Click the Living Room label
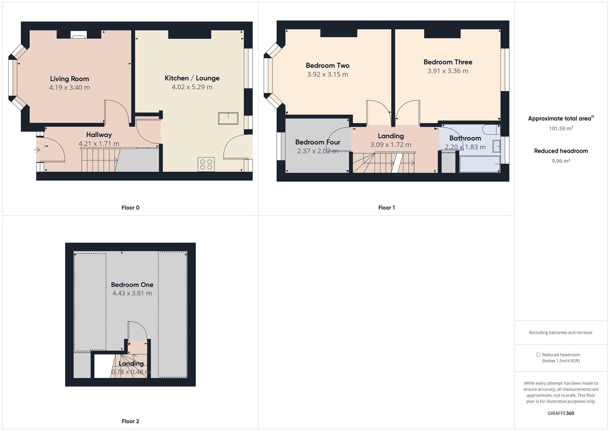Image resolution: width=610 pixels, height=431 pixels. pyautogui.click(x=70, y=79)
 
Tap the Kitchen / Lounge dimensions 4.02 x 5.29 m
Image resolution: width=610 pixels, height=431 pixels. pyautogui.click(x=192, y=87)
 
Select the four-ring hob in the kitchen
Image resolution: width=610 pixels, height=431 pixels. pyautogui.click(x=206, y=164)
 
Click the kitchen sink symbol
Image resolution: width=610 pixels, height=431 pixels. pyautogui.click(x=228, y=119)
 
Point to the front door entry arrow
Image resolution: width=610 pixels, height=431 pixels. pyautogui.click(x=37, y=150)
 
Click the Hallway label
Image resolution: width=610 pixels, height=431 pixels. pyautogui.click(x=99, y=135)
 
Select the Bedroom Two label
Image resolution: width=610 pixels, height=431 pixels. pyautogui.click(x=328, y=65)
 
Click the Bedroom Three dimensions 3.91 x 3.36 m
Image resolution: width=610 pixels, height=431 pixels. pyautogui.click(x=448, y=71)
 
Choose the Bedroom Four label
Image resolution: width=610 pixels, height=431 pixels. pyautogui.click(x=318, y=142)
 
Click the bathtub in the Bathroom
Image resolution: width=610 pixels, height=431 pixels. pyautogui.click(x=479, y=164)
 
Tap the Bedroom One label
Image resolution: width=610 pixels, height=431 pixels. pyautogui.click(x=132, y=285)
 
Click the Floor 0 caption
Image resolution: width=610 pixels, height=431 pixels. pyautogui.click(x=131, y=208)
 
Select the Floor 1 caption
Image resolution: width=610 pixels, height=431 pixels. pyautogui.click(x=386, y=208)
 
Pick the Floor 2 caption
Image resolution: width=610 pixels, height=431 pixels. pyautogui.click(x=131, y=421)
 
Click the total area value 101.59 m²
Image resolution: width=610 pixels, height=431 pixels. pyautogui.click(x=561, y=129)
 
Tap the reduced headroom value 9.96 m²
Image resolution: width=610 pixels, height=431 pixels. pyautogui.click(x=561, y=161)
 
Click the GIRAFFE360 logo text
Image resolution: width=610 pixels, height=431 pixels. pyautogui.click(x=561, y=413)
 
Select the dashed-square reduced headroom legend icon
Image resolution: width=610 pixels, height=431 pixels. pyautogui.click(x=538, y=355)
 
